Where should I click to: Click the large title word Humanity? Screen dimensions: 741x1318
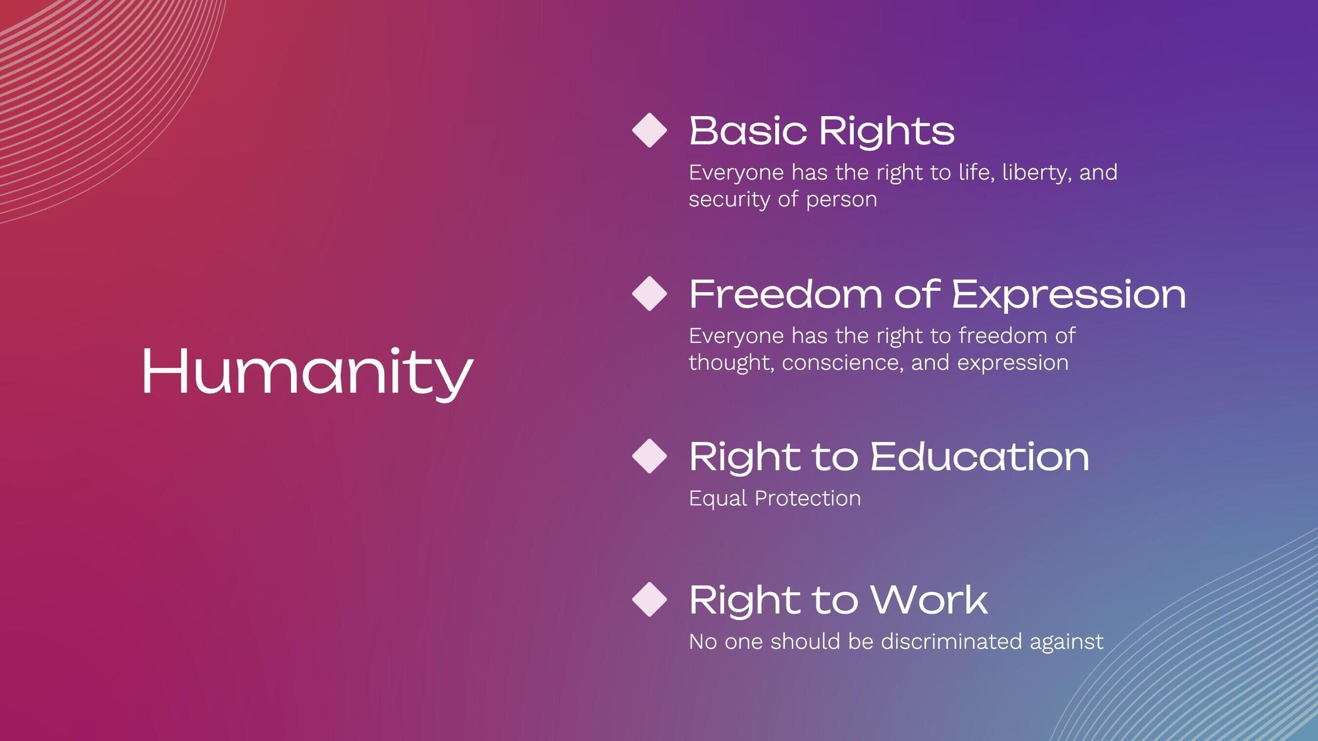tap(307, 371)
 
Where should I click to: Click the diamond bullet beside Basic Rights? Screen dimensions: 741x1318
tap(649, 130)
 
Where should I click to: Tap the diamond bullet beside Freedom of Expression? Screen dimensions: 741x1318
tap(649, 294)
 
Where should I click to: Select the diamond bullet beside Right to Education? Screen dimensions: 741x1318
tap(649, 456)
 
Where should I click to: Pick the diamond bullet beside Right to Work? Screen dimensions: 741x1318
tap(649, 600)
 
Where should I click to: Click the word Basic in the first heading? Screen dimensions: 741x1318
tap(747, 131)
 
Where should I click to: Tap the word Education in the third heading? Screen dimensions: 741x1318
tap(980, 457)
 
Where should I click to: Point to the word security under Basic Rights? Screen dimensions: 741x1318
tap(729, 200)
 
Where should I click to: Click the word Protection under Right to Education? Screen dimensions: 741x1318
tap(807, 499)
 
